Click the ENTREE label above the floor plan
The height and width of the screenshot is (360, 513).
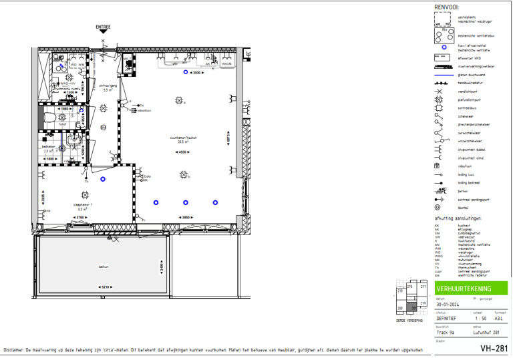click(103, 27)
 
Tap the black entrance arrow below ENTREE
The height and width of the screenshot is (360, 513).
click(103, 35)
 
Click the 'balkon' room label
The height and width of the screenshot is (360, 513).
click(104, 266)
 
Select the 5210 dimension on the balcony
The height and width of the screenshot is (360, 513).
click(104, 287)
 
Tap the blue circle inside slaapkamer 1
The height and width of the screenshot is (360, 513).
click(103, 179)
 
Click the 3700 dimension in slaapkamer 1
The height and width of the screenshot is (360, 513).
click(79, 218)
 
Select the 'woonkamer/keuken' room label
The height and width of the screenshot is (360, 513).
click(178, 139)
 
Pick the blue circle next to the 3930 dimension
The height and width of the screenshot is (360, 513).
click(186, 71)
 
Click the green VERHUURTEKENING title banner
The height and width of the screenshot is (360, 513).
click(470, 289)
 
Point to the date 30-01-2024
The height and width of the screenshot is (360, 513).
click(448, 304)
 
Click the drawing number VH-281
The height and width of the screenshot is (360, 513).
click(494, 348)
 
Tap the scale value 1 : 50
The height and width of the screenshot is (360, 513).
click(478, 317)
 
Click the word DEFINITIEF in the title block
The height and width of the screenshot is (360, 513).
click(448, 317)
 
